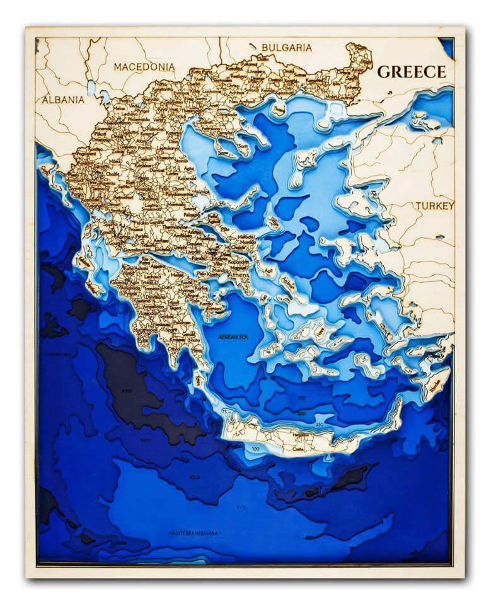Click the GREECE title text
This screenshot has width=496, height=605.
(411, 71)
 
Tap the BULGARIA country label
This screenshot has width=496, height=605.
(287, 47)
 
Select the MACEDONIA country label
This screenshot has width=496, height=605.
(144, 66)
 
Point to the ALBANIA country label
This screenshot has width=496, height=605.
(63, 100)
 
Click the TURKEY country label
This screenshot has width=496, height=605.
(434, 206)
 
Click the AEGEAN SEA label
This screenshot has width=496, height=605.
(233, 337)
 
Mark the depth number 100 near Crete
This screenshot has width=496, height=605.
(255, 449)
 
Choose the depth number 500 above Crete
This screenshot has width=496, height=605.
(302, 413)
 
